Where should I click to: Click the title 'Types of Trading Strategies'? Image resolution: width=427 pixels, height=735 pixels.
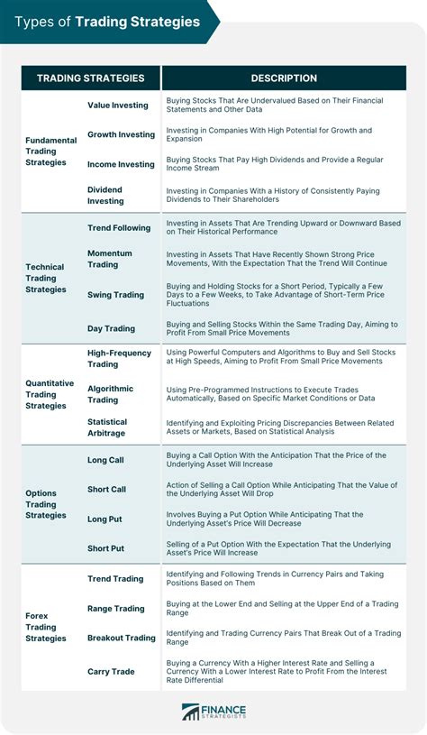(107, 22)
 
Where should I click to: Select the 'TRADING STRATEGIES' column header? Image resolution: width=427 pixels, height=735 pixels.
(90, 78)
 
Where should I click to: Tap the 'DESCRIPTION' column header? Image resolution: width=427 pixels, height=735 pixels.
(284, 78)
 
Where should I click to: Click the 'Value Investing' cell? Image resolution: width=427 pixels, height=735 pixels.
(118, 106)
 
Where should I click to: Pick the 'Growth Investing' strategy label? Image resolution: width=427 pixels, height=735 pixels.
(121, 134)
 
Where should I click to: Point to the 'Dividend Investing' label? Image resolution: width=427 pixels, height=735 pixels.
(105, 195)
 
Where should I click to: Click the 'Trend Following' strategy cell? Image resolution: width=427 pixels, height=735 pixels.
(119, 228)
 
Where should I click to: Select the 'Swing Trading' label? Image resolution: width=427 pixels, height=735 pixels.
(115, 295)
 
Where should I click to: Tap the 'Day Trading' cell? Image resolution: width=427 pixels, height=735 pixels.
(111, 328)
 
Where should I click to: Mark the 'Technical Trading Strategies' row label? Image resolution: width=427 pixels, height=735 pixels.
(45, 278)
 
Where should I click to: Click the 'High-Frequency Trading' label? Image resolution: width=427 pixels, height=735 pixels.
(119, 358)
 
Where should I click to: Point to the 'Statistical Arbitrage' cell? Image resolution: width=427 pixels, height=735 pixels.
(107, 427)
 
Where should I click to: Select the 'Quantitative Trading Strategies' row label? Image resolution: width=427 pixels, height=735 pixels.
(50, 394)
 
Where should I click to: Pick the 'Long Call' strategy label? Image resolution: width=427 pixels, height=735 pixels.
(106, 460)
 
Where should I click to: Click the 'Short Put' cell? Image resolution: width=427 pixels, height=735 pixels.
(105, 548)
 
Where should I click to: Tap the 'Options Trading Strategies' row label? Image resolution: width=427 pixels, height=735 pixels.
(45, 504)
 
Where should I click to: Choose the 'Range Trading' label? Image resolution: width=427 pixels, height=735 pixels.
(115, 609)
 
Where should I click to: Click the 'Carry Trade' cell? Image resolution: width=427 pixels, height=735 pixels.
(111, 671)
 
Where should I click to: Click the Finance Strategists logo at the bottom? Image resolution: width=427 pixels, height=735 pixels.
(213, 712)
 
